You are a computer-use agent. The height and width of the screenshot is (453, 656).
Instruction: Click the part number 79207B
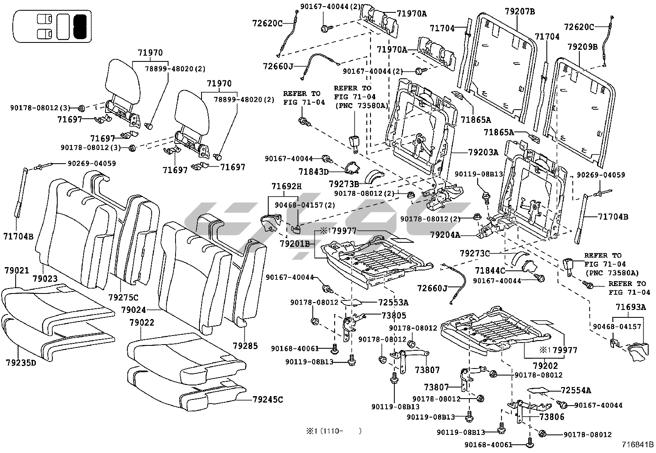[520, 12]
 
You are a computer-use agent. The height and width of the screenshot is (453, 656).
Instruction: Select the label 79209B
[582, 47]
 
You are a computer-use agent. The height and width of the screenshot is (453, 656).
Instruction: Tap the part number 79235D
[21, 363]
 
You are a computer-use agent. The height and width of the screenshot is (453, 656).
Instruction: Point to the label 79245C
[267, 399]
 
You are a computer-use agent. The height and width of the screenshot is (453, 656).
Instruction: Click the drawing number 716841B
[638, 445]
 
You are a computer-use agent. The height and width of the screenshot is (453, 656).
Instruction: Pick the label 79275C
[123, 297]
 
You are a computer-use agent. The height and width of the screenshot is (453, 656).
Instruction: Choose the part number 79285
[245, 345]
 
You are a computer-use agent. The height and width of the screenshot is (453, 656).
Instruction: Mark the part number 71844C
[490, 270]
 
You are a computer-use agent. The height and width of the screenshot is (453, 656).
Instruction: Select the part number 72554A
[576, 390]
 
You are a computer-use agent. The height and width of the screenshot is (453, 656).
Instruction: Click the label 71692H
[286, 186]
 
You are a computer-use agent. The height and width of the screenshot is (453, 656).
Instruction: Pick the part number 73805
[394, 316]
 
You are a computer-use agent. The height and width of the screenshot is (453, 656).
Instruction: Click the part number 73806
[552, 417]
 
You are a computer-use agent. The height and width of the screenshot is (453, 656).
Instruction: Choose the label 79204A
[445, 235]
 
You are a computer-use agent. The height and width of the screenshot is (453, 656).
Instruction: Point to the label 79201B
[294, 244]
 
